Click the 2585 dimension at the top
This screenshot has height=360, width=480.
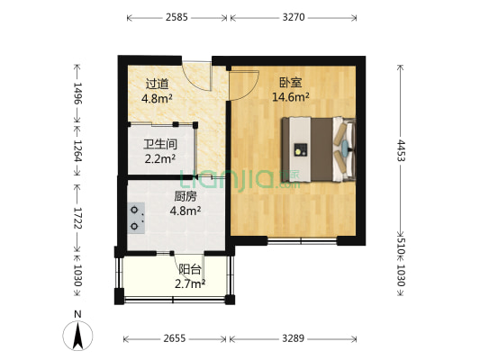pos(177,16)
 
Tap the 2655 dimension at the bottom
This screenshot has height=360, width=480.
pos(177,338)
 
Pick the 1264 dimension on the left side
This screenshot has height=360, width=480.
pos(77,149)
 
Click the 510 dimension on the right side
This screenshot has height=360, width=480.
pos(400,242)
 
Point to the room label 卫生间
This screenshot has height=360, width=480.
pos(158,144)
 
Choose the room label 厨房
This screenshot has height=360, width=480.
pos(186,198)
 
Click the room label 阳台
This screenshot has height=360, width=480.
pos(189,269)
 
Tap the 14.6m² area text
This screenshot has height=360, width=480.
pos(291,97)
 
